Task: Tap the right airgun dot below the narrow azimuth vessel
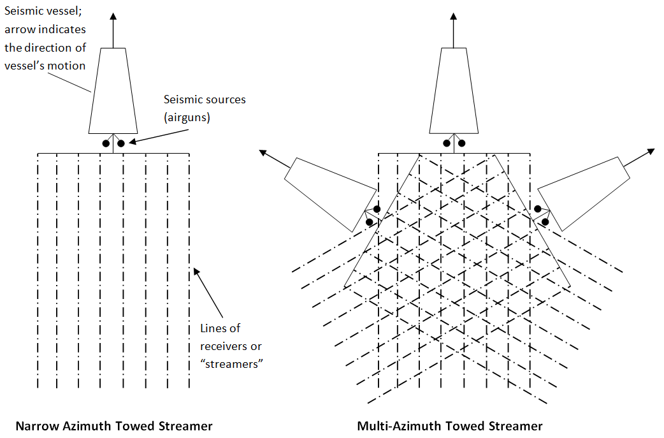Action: point(120,143)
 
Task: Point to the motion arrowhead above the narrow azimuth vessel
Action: point(113,17)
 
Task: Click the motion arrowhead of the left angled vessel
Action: point(263,152)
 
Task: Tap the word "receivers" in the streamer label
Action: point(223,346)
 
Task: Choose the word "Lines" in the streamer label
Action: point(212,329)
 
